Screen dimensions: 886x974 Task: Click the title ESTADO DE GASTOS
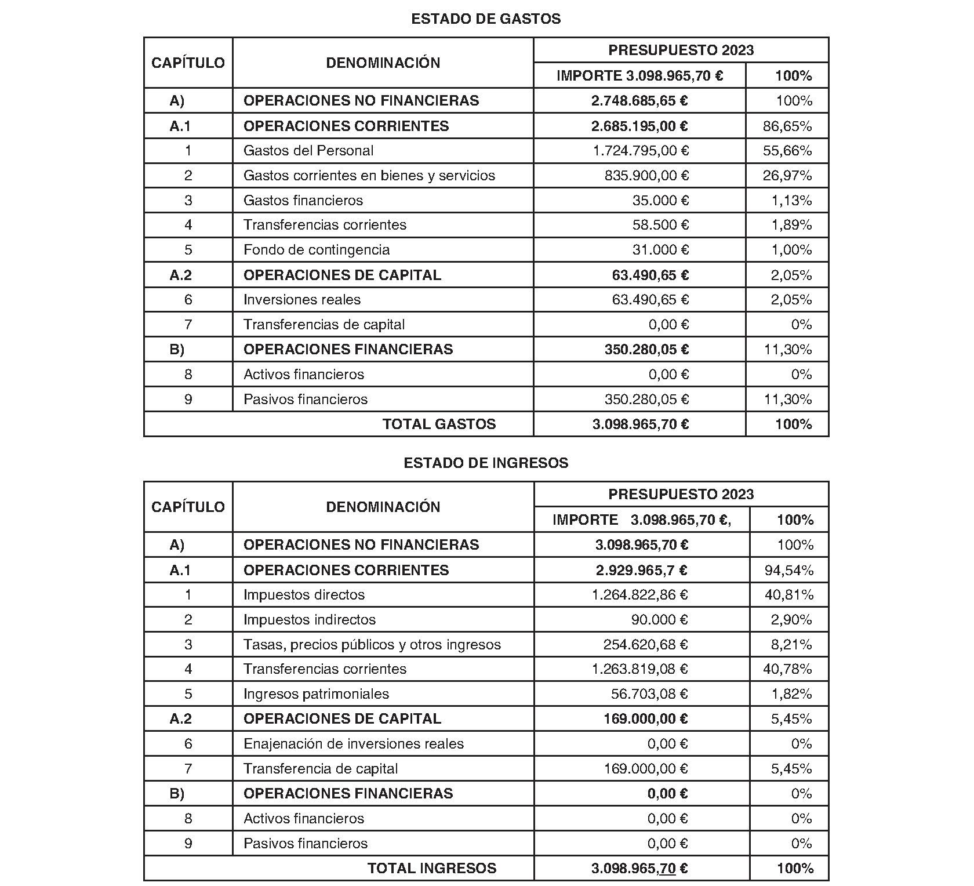(486, 19)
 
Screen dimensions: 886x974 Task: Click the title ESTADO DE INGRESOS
(486, 463)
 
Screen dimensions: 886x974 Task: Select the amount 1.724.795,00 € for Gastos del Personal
(641, 151)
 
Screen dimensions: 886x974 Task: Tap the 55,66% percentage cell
(787, 151)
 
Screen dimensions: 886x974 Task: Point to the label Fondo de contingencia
(317, 250)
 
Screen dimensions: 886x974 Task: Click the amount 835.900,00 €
(646, 176)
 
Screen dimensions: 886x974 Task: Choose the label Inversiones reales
(302, 300)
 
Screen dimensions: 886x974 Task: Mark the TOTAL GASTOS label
(439, 424)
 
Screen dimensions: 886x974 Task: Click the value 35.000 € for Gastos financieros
(660, 201)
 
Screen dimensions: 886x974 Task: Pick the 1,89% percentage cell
(791, 225)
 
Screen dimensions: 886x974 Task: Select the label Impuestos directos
(304, 595)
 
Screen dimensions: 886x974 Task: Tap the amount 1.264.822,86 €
(640, 595)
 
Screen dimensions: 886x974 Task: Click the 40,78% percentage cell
(788, 669)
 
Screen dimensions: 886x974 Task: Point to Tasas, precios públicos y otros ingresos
(372, 645)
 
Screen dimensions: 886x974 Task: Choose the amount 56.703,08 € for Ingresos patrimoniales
(649, 694)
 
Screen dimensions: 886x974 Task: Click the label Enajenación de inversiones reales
(354, 744)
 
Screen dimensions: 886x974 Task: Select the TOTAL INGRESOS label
(432, 869)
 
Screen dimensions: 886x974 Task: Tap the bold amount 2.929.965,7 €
(642, 571)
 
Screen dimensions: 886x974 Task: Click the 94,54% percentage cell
(789, 571)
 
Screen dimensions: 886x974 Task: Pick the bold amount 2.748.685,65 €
(639, 101)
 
